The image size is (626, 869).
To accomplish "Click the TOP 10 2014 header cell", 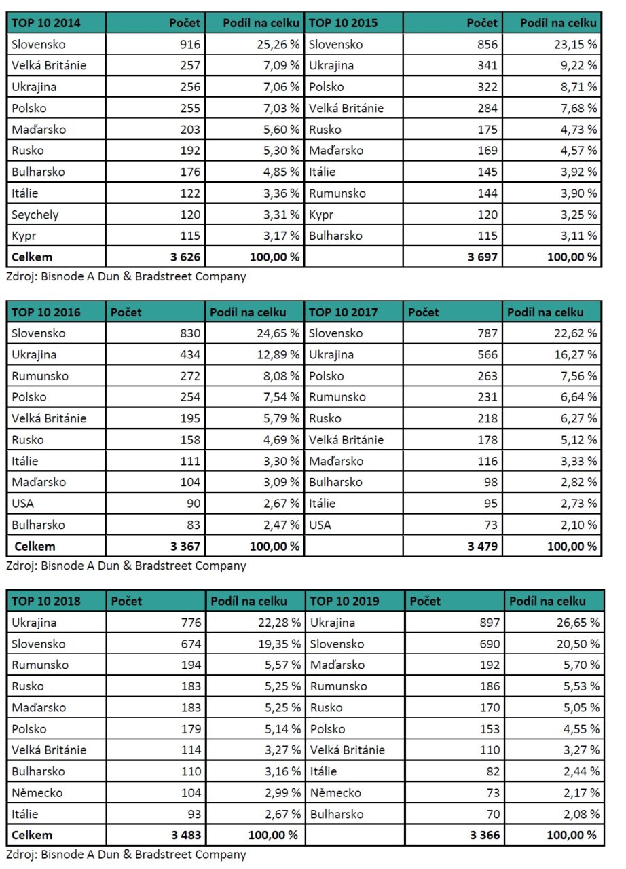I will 46,23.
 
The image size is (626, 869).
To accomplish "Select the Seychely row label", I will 35,215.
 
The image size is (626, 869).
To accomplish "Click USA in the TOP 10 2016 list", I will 23,504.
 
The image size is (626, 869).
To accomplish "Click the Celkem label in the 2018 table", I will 31,835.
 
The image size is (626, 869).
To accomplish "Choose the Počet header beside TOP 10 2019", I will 426,601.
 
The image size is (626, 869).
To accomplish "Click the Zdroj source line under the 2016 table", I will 126,565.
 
